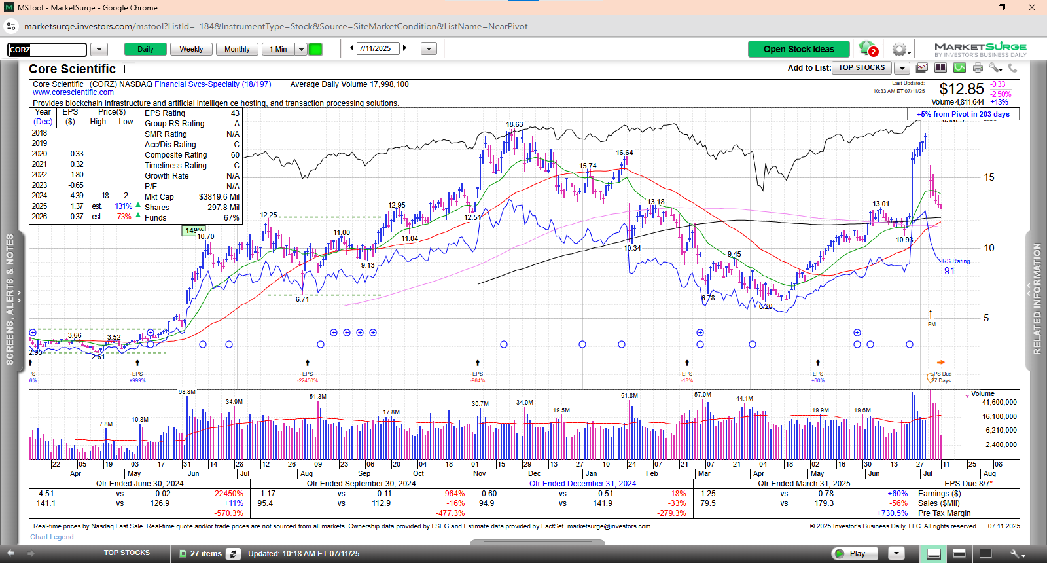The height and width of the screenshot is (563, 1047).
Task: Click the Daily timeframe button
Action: (x=145, y=49)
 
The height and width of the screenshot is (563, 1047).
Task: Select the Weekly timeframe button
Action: (x=191, y=49)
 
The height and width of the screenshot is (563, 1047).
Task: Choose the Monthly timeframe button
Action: (x=237, y=49)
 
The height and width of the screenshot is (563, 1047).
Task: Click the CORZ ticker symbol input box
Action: (x=47, y=50)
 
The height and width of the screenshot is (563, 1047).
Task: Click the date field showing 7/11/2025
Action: (x=378, y=48)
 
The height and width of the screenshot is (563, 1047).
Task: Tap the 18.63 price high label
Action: (x=514, y=124)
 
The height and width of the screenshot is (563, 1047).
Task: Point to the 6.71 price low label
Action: (x=302, y=299)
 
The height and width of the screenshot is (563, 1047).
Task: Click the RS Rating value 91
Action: (x=949, y=271)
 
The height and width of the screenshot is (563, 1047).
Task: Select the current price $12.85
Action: (x=961, y=89)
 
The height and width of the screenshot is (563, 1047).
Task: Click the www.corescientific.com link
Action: (x=73, y=92)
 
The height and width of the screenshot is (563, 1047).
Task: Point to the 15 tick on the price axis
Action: (x=989, y=177)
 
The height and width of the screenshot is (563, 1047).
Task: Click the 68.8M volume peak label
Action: (x=186, y=392)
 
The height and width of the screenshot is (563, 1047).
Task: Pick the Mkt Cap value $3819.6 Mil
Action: (x=219, y=197)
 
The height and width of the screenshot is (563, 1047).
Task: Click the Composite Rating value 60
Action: (x=235, y=155)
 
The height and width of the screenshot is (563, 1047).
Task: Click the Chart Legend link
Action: (x=52, y=537)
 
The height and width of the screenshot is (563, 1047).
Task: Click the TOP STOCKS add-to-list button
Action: (x=861, y=67)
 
